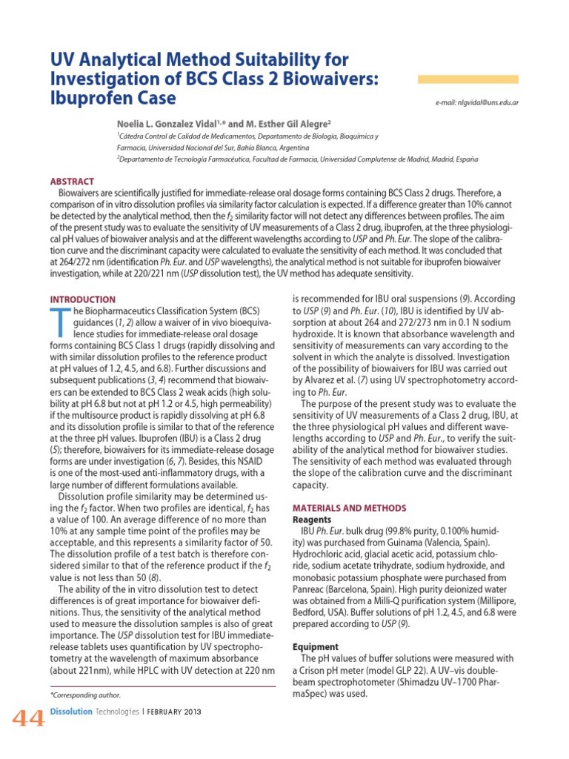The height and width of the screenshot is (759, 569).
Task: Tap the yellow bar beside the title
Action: [x=468, y=79]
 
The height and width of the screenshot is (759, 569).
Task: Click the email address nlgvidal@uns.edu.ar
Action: [x=478, y=102]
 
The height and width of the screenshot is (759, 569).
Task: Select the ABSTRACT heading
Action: [x=72, y=182]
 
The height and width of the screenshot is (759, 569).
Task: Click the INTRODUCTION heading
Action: [x=82, y=299]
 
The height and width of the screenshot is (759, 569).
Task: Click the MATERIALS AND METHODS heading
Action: [x=350, y=508]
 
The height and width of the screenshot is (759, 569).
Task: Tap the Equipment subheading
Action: [x=316, y=646]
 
